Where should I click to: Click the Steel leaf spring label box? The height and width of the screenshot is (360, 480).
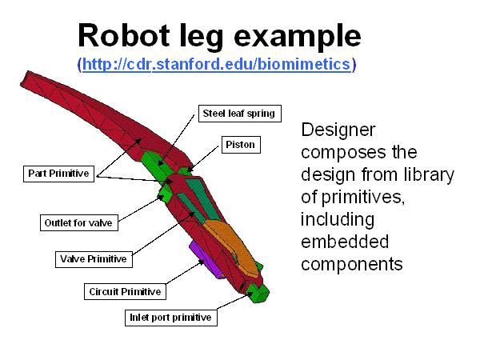[x=238, y=114]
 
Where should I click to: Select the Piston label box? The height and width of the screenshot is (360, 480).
[x=240, y=146]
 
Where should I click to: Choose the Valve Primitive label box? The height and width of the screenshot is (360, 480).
[x=93, y=258]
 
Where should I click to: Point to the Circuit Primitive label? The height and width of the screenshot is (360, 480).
[x=124, y=292]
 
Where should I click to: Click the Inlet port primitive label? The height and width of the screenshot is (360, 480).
[x=170, y=318]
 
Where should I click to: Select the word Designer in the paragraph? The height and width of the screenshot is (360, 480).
[x=338, y=130]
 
